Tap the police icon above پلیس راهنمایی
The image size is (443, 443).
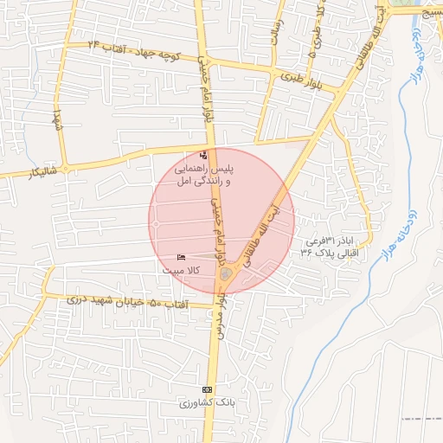[203, 155]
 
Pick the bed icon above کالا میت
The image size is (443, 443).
[181, 258]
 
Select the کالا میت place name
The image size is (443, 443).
[182, 271]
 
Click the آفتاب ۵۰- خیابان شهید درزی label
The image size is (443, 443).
[121, 301]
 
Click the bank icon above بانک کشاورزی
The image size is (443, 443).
[206, 389]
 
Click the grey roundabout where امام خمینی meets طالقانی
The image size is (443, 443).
[226, 274]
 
